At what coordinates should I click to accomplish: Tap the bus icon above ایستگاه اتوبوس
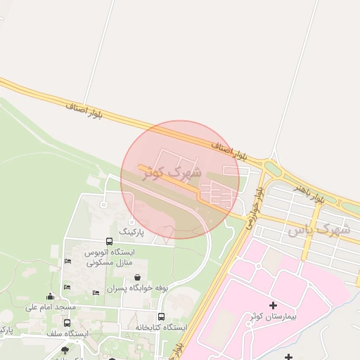(x=108, y=241)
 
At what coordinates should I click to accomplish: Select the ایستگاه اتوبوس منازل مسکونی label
(x=108, y=257)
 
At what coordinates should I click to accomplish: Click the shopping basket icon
(x=136, y=278)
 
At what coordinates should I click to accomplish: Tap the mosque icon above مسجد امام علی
(x=50, y=297)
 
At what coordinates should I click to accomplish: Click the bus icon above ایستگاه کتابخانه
(x=161, y=317)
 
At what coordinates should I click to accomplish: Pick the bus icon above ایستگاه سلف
(x=67, y=323)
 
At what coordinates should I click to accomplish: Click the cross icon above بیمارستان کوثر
(x=273, y=306)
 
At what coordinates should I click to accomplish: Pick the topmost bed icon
(x=67, y=262)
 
